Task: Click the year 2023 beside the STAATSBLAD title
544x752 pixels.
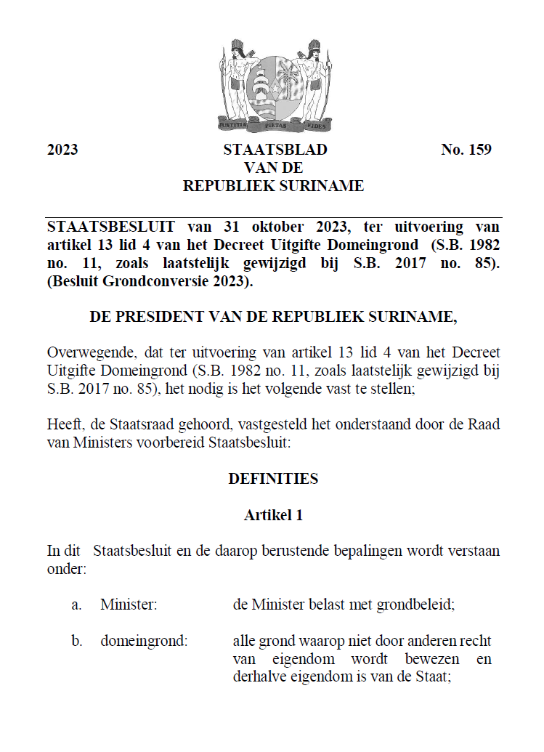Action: (x=62, y=150)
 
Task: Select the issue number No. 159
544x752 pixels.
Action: (x=466, y=150)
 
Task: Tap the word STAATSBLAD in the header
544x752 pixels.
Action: (x=275, y=150)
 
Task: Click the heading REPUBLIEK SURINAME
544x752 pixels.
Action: (x=273, y=186)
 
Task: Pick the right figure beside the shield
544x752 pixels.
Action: (x=315, y=80)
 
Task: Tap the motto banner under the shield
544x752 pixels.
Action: (x=275, y=124)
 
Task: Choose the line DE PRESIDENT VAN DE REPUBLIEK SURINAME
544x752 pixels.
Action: (x=274, y=318)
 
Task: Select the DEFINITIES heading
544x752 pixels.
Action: (x=273, y=479)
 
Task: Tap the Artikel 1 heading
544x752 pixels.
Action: (x=273, y=515)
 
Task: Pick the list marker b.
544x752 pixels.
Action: (x=76, y=642)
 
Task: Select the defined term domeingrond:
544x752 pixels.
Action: (x=144, y=642)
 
